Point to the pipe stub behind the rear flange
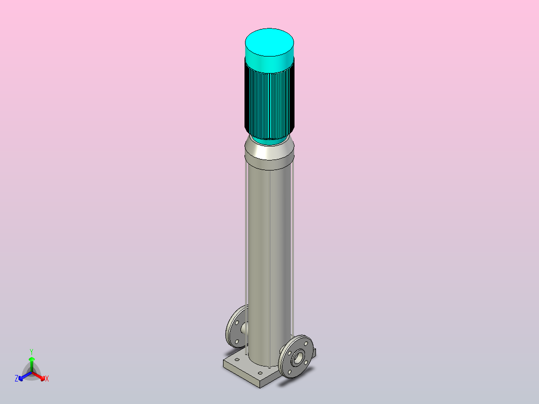[244, 328]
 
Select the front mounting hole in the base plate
[260, 373]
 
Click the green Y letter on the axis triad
[31, 351]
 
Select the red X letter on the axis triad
[47, 378]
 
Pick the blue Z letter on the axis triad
[16, 378]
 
